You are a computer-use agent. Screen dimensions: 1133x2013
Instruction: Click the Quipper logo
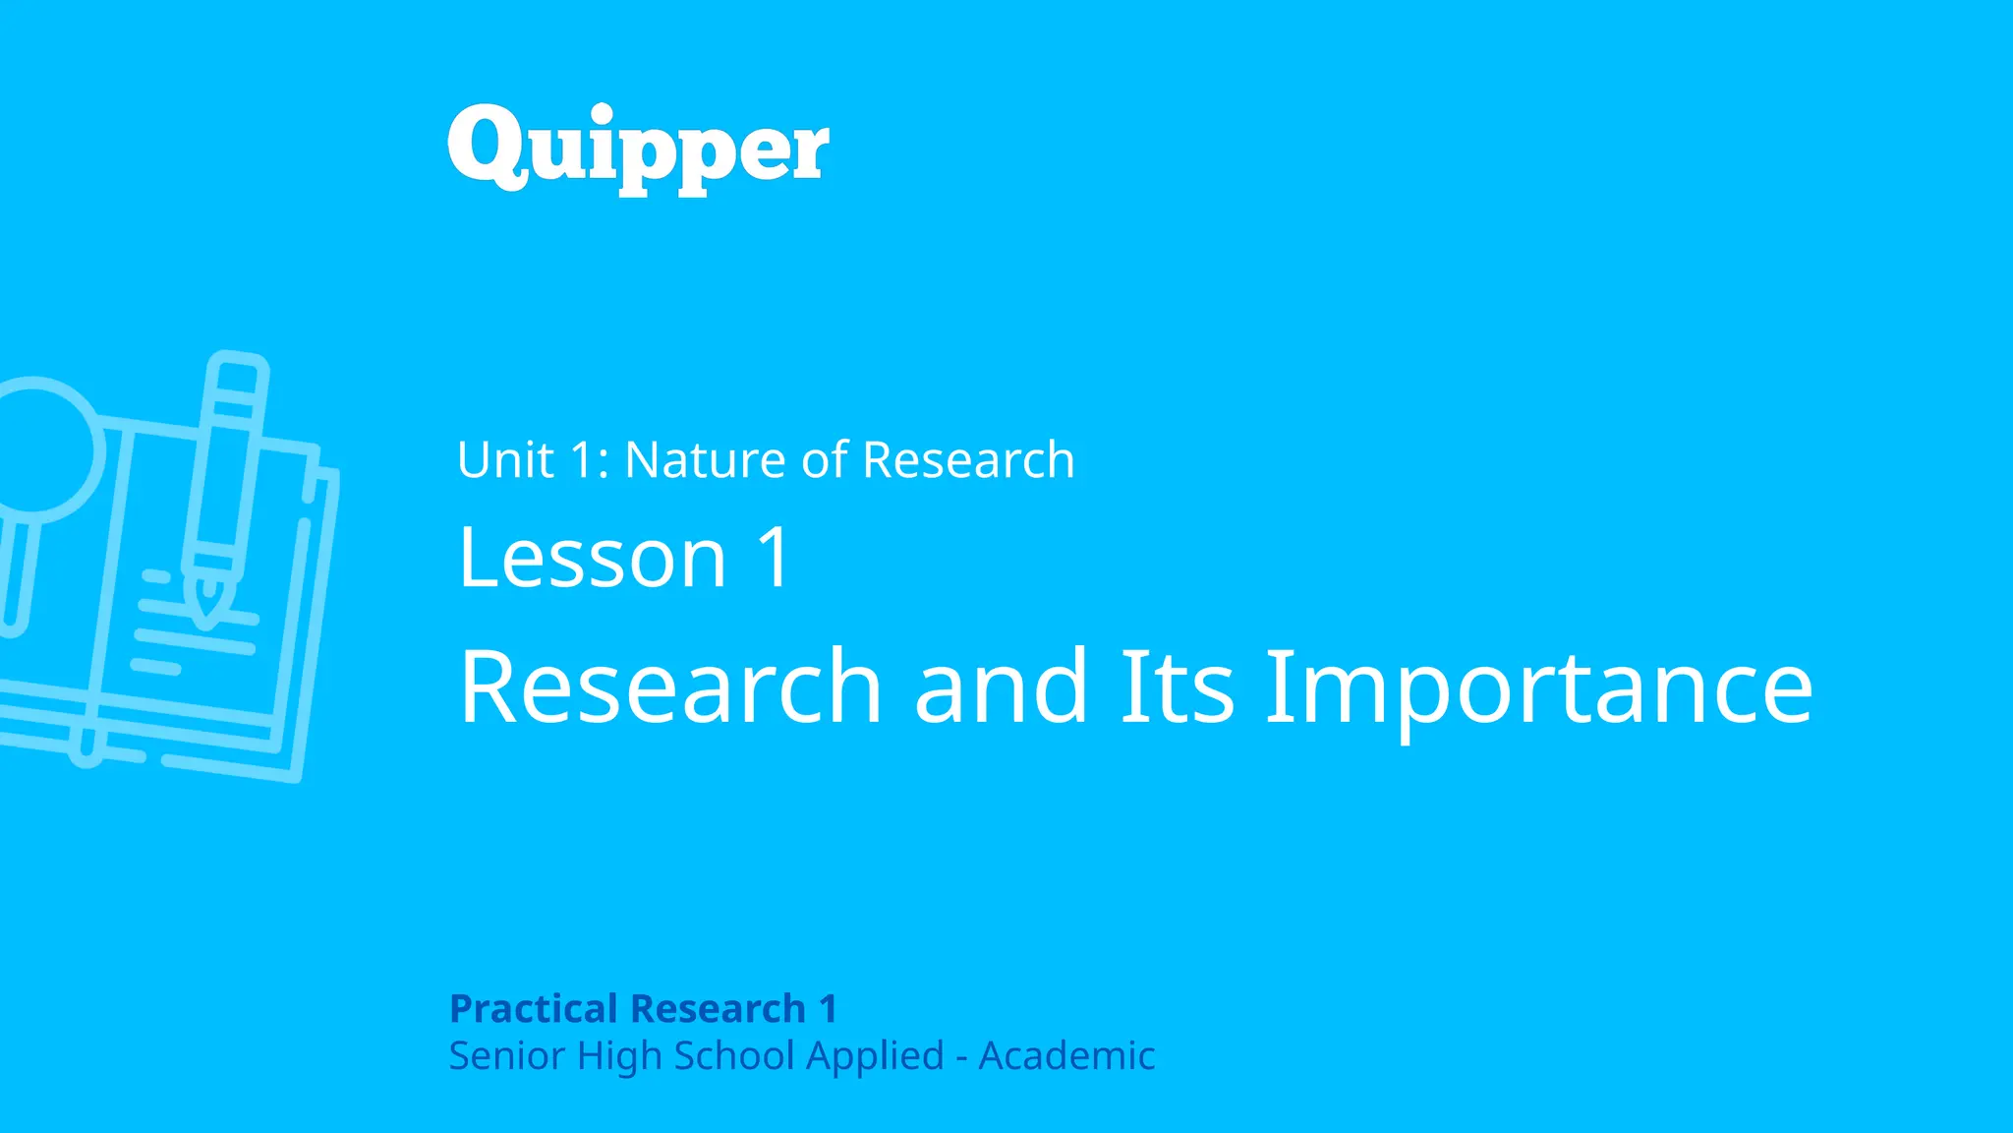click(638, 149)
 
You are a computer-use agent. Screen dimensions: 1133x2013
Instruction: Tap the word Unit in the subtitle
click(505, 460)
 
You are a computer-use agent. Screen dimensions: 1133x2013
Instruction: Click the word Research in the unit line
click(968, 460)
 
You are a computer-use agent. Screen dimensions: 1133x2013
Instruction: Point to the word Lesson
click(592, 558)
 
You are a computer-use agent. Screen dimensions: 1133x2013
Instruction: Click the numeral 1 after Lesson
click(774, 558)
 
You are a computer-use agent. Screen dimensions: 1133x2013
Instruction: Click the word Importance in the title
click(1538, 688)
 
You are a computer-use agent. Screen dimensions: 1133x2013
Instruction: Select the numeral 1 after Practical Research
click(828, 1009)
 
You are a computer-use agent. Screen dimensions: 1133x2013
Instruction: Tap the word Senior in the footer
click(506, 1056)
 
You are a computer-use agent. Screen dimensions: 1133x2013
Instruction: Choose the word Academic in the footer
click(1066, 1056)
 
